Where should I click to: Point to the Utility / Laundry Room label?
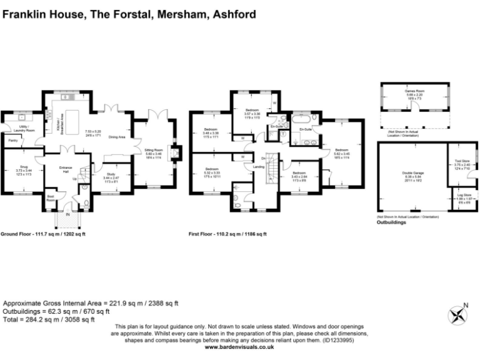pyautogui.click(x=27, y=128)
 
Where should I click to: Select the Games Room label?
pyautogui.click(x=414, y=91)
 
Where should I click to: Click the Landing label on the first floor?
pyautogui.click(x=257, y=167)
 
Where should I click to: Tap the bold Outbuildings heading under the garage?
pyautogui.click(x=392, y=222)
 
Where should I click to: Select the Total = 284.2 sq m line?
pyautogui.click(x=49, y=319)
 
